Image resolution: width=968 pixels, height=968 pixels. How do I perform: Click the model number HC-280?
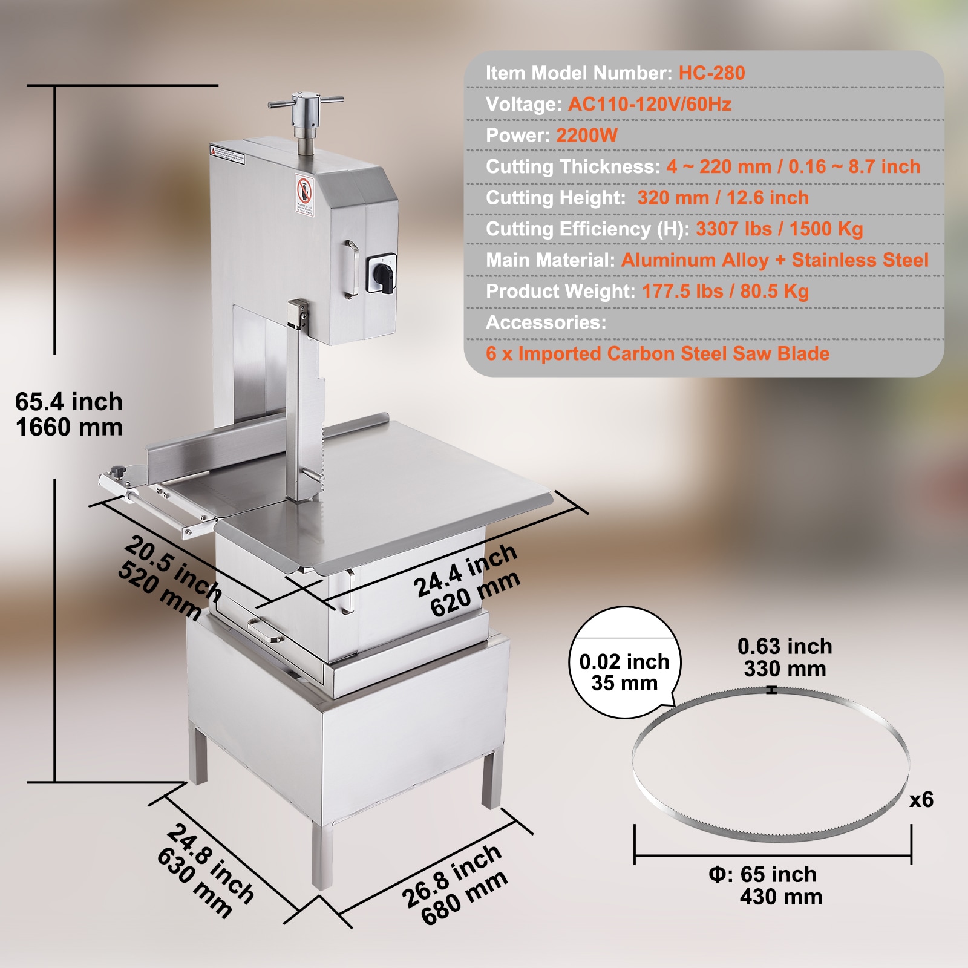(x=711, y=73)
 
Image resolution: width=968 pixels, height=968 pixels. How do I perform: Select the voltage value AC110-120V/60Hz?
(x=649, y=105)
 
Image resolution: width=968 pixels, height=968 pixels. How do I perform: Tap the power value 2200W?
(x=586, y=136)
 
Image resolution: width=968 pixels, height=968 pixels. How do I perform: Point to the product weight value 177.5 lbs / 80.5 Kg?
(x=725, y=292)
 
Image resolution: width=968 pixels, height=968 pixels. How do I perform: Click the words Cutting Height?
(x=555, y=198)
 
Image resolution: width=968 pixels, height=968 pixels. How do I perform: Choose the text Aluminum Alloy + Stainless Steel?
(x=774, y=260)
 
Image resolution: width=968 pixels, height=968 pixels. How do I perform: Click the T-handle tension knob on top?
(x=306, y=109)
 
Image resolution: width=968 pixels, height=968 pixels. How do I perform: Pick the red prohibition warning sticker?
(x=304, y=194)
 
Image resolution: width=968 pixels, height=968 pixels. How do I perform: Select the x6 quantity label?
(x=921, y=800)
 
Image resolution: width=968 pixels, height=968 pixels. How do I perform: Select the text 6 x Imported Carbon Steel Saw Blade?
(x=658, y=354)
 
